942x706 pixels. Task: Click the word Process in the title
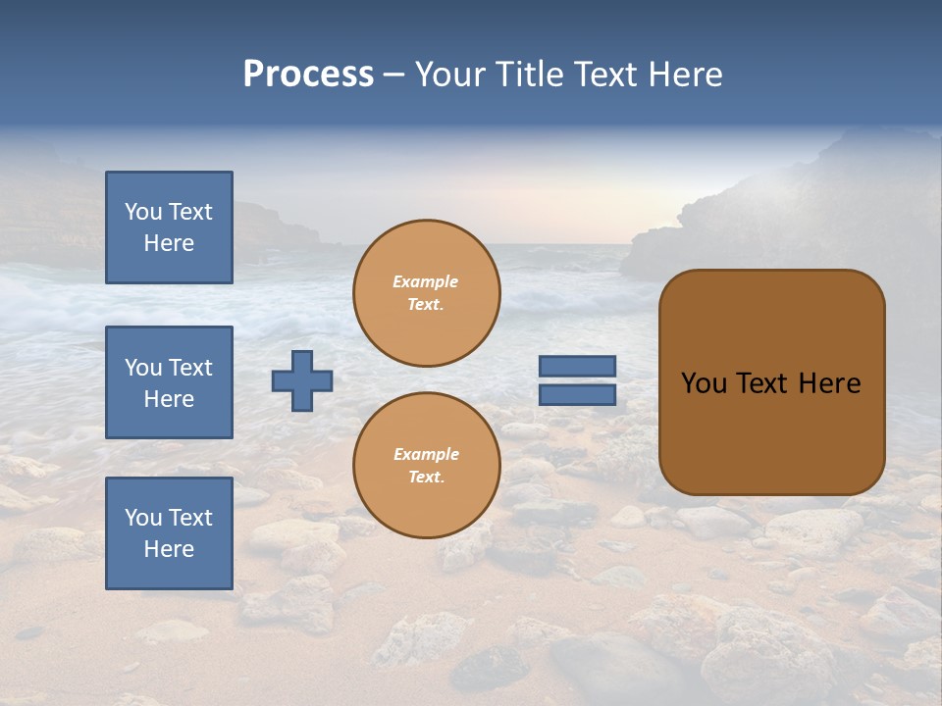tap(308, 75)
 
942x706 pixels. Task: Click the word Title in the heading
tap(528, 75)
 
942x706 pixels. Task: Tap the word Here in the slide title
tap(685, 75)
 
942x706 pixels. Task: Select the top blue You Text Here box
tap(169, 227)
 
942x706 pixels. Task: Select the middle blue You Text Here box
tap(169, 382)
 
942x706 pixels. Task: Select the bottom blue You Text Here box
tap(169, 532)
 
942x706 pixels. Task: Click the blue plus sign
tap(302, 380)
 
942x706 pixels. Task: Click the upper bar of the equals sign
tap(577, 367)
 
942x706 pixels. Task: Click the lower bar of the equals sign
tap(577, 395)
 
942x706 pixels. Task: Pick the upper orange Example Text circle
tap(427, 293)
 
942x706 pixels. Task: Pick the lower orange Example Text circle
tap(427, 466)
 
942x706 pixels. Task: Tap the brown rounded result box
tap(771, 431)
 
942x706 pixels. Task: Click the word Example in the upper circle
tap(426, 281)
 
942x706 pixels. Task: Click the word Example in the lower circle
tap(426, 454)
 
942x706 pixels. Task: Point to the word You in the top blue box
tap(142, 212)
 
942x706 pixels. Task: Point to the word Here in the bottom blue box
tap(169, 549)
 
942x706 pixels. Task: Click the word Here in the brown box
tap(829, 383)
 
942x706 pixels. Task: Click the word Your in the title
tap(450, 75)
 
